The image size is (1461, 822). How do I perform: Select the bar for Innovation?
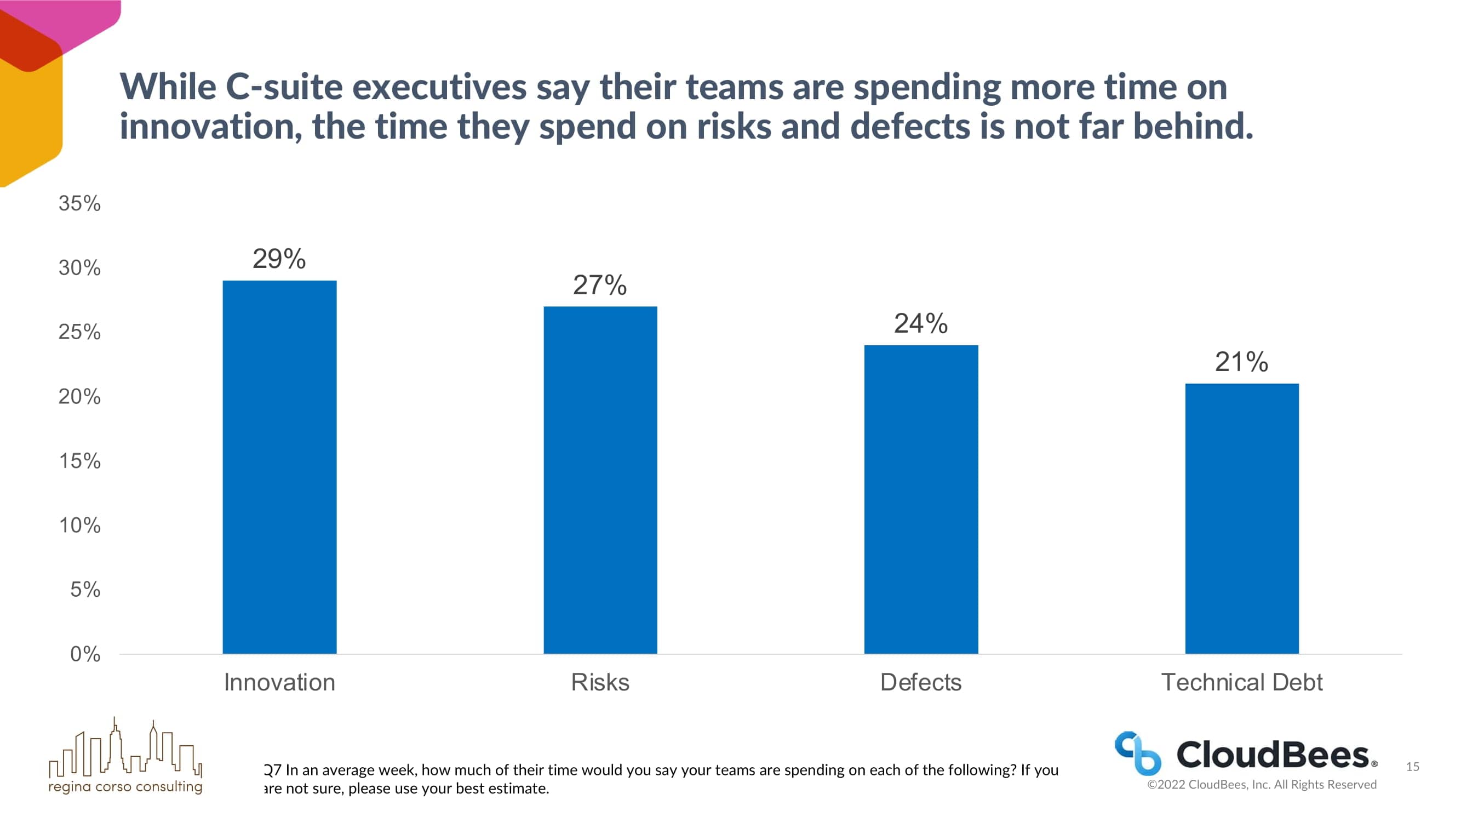click(x=279, y=466)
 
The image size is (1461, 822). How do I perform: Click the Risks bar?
click(x=600, y=480)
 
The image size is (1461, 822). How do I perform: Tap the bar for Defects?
click(x=920, y=499)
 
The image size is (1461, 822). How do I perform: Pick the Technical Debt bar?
click(x=1241, y=518)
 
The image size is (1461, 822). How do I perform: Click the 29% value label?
click(x=279, y=259)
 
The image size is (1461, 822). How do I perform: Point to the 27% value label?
click(x=599, y=285)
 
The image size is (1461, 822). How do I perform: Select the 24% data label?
click(x=920, y=323)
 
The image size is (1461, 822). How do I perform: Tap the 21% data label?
click(x=1241, y=361)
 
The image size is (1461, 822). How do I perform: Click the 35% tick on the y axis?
click(x=79, y=203)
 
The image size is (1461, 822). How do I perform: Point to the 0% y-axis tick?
click(x=85, y=654)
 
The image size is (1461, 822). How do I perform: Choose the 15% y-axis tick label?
click(x=79, y=460)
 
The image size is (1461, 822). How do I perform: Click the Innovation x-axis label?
click(x=279, y=682)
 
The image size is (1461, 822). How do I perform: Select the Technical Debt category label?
click(x=1241, y=682)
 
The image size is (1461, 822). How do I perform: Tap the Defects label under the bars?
click(x=920, y=682)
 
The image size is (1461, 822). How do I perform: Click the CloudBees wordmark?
click(x=1274, y=755)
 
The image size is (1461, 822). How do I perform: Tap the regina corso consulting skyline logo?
click(x=125, y=755)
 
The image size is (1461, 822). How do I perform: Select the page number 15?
click(x=1412, y=767)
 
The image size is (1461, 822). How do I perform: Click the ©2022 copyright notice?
click(x=1262, y=784)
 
